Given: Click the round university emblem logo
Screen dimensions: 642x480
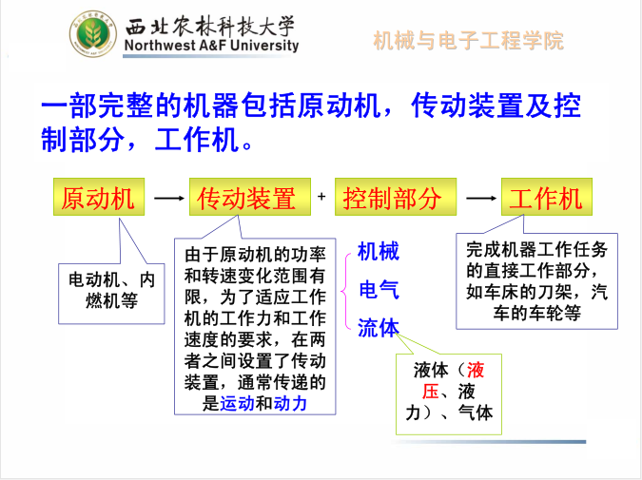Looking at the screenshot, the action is (93, 34).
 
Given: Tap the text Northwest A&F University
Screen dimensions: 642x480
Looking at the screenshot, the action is (212, 45).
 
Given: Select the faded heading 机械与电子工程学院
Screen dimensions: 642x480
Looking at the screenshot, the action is (468, 41).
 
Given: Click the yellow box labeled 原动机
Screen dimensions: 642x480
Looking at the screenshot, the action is (99, 197).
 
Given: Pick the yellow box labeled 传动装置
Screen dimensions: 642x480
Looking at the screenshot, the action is (250, 197).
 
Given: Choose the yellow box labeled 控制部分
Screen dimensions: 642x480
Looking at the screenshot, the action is (396, 197).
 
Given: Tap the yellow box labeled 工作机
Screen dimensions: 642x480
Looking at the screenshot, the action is (547, 197).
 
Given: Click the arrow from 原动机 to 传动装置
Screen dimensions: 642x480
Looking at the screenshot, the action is (169, 198).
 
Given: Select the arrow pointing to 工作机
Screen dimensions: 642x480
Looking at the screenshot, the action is (481, 198).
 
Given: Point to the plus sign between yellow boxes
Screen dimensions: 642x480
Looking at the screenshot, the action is (321, 197).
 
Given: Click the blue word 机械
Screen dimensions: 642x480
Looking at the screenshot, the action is (379, 251).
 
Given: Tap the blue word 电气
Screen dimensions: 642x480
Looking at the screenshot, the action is (379, 290).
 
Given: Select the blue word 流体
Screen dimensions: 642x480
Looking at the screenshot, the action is (379, 328).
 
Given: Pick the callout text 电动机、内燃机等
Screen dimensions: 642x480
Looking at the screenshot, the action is (111, 291).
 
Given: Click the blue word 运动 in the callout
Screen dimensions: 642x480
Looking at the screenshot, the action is (237, 404).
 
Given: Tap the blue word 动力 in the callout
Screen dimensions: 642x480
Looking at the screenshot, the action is (290, 404).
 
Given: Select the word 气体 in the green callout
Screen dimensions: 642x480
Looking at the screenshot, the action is (476, 413).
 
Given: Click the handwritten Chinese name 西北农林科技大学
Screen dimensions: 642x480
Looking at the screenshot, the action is (209, 26).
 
